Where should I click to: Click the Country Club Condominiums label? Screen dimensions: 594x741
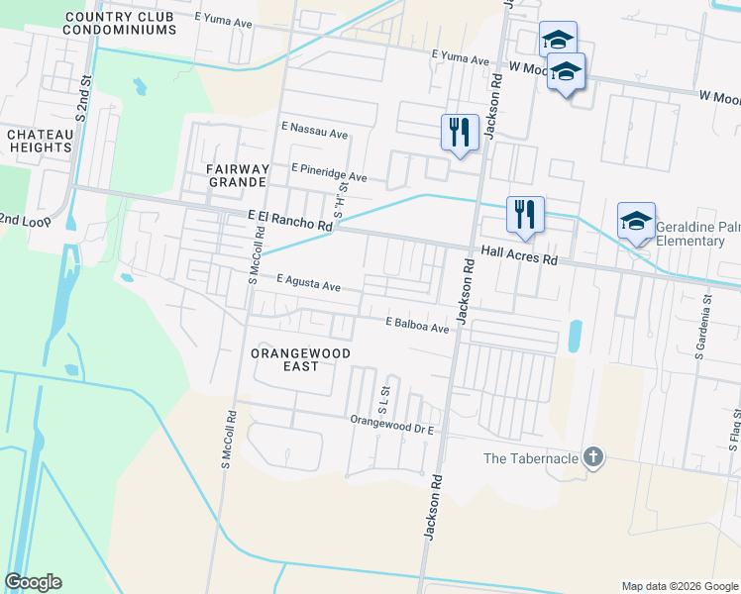coord(119,23)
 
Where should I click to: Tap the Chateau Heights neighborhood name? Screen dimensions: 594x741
coord(40,141)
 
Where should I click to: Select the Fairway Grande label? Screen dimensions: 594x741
coord(237,175)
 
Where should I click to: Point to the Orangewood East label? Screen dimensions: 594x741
coord(285,359)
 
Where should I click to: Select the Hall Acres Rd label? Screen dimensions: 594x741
coord(519,255)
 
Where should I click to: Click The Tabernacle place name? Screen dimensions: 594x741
coord(530,458)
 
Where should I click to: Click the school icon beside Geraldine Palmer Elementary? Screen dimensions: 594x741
coord(636,220)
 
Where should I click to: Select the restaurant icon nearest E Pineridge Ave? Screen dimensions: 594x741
coord(459,131)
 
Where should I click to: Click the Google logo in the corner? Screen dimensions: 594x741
coord(33,582)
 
